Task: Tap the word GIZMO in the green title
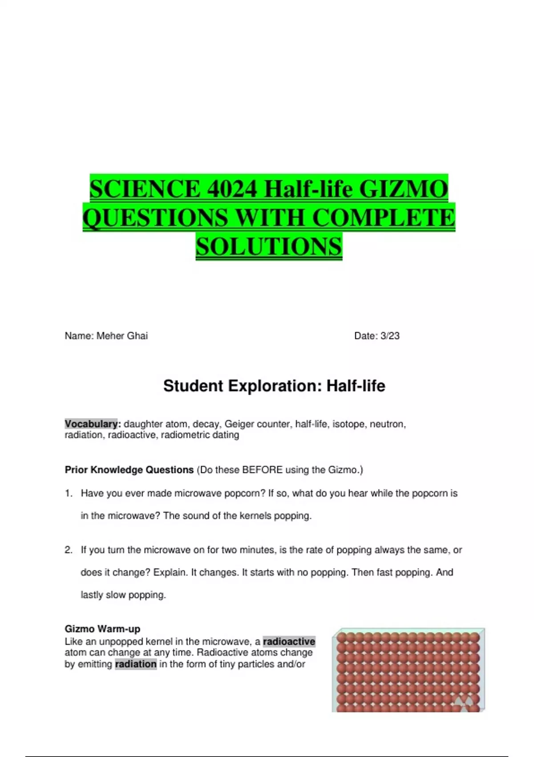pos(403,189)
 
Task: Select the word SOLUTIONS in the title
pos(269,246)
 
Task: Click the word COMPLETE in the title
pos(383,218)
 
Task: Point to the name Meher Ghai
pos(122,336)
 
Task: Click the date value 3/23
pos(390,336)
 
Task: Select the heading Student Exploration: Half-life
pos(274,386)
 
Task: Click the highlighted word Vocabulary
pos(91,424)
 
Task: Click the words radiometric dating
pos(200,435)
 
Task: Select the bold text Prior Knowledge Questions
pos(129,470)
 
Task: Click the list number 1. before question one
pos(69,493)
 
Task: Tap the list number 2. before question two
pos(69,550)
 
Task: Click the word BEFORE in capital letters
pos(263,470)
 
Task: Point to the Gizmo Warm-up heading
pos(102,629)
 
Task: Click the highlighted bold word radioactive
pos(289,642)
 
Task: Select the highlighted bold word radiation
pos(136,664)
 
